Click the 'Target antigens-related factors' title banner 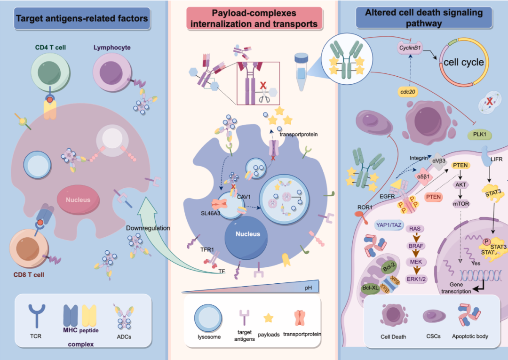[x=82, y=19]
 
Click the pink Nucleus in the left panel [x=78, y=199]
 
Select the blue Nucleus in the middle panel [x=247, y=234]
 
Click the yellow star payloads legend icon [x=269, y=319]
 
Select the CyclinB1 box [x=410, y=48]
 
